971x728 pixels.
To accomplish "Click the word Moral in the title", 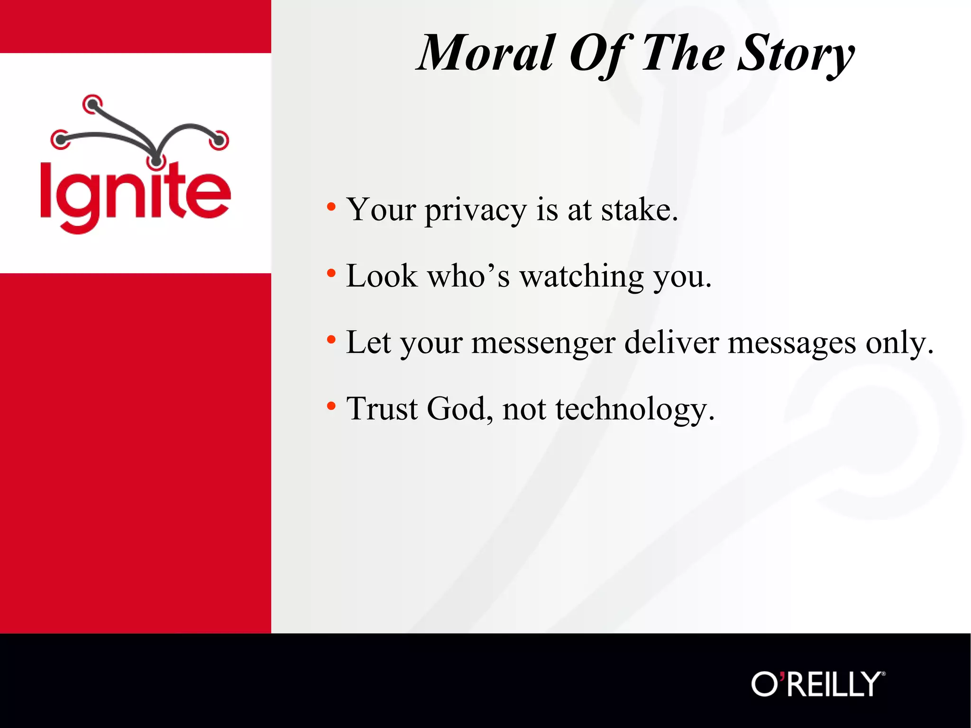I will tap(486, 53).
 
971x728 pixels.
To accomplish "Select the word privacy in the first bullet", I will tap(475, 210).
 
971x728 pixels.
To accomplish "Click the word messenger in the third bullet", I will tap(543, 343).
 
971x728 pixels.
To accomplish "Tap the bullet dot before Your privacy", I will tap(331, 207).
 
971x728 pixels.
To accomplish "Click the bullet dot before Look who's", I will tap(331, 273).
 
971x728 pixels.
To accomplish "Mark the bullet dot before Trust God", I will tap(331, 406).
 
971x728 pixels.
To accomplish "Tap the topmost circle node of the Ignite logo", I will tap(92, 104).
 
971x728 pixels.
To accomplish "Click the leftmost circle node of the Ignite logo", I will tap(60, 139).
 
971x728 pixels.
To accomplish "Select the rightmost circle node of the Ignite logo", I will tap(219, 140).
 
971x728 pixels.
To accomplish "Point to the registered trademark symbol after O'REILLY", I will tap(883, 673).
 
